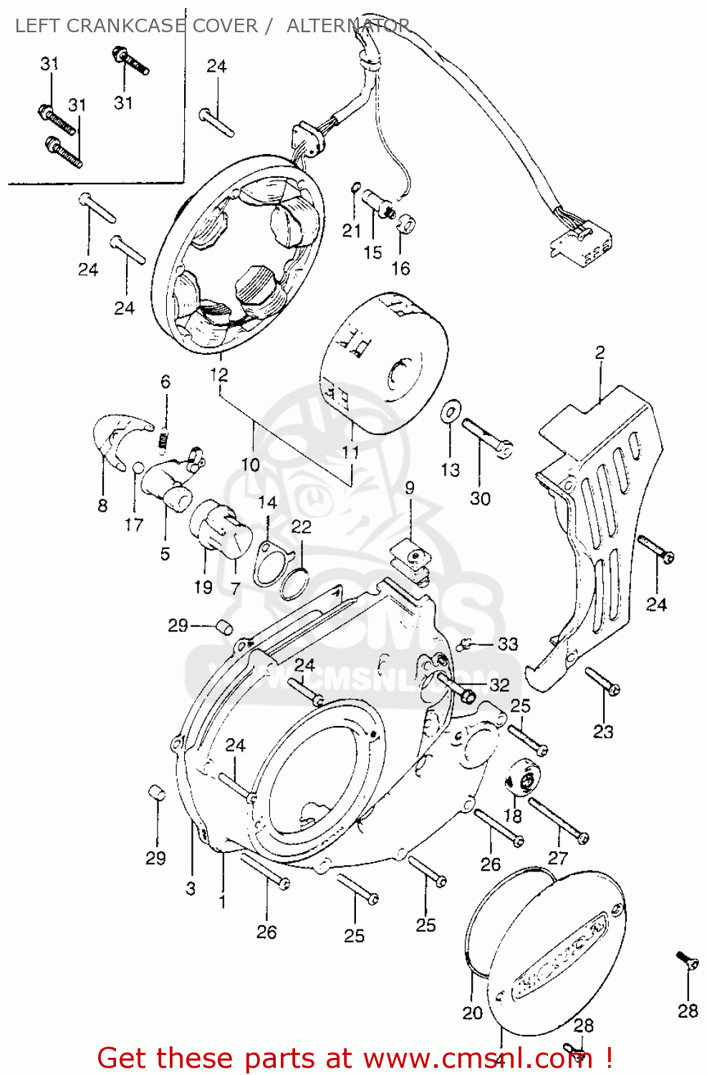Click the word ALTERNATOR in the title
(x=348, y=26)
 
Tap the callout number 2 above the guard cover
(x=600, y=353)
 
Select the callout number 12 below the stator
(x=219, y=375)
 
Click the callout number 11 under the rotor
(x=350, y=452)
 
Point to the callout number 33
(x=508, y=644)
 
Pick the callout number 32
(x=499, y=684)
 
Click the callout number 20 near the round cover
(x=473, y=1013)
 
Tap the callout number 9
(x=409, y=488)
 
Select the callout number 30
(x=480, y=499)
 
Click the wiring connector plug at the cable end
(x=582, y=242)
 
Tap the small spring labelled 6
(x=164, y=439)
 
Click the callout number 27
(x=558, y=857)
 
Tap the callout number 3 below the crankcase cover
(x=191, y=889)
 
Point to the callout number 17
(x=134, y=525)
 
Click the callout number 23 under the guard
(x=603, y=731)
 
